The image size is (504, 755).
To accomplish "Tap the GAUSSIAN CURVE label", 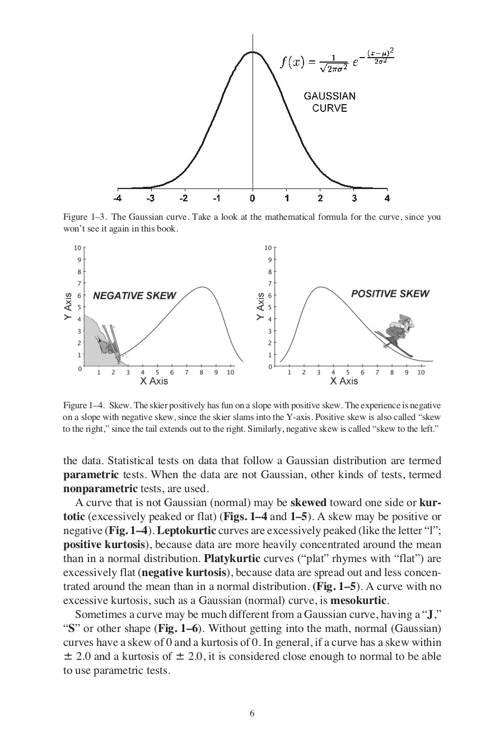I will point(329,102).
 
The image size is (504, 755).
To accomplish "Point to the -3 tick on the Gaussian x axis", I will point(151,198).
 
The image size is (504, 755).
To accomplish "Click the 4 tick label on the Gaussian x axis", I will point(387,198).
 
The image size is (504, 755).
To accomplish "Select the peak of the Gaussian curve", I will point(253,52).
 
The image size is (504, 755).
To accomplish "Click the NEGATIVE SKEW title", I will point(134,296).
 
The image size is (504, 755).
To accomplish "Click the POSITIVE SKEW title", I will point(390,294).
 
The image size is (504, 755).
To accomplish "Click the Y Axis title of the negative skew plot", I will point(68,306).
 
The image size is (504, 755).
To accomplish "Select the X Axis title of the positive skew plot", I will point(344,381).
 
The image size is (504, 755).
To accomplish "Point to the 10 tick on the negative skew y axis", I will point(77,248).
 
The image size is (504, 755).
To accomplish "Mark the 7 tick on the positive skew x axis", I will point(377,372).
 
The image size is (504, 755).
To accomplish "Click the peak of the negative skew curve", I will point(203,287).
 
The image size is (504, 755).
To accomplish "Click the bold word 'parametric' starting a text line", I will point(91,475).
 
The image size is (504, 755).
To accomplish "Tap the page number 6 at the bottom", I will point(252,713).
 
